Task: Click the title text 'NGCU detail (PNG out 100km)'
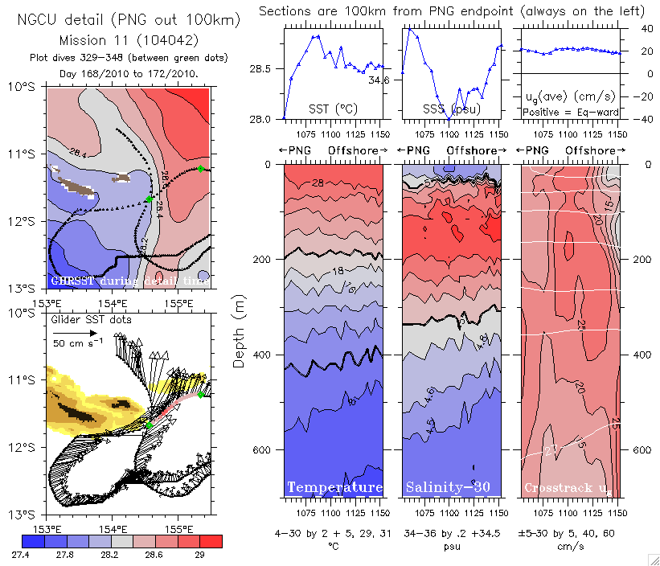coord(129,18)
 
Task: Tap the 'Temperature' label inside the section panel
coord(334,487)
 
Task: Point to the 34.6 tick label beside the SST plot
coord(377,80)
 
